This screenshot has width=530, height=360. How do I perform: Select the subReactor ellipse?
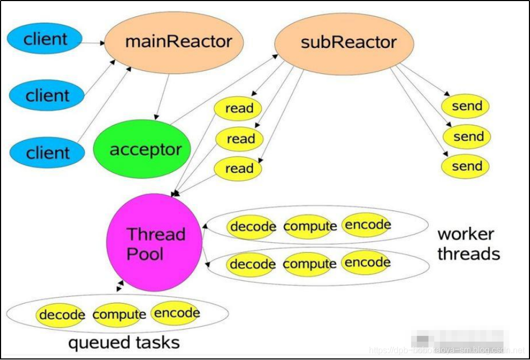tap(344, 43)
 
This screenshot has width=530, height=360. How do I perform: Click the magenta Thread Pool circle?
tap(155, 243)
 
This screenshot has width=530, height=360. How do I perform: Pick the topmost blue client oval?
tap(45, 39)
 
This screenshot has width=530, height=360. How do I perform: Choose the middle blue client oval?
tap(47, 96)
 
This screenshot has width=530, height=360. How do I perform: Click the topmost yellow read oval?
tap(238, 109)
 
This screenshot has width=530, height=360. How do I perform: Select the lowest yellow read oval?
tap(238, 169)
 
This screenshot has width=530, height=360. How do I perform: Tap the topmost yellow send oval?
tap(466, 106)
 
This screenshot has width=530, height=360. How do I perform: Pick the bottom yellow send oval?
tap(466, 167)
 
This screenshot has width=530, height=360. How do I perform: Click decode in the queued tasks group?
tap(61, 315)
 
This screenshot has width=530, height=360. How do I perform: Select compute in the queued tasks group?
tap(119, 315)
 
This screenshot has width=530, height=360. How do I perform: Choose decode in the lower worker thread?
tap(252, 264)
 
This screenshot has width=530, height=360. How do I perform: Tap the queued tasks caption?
tap(124, 342)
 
